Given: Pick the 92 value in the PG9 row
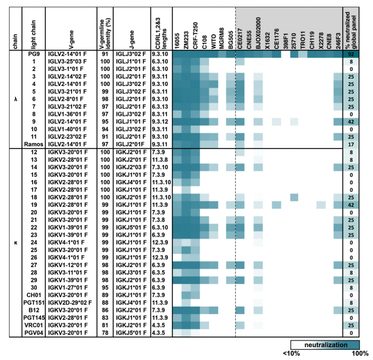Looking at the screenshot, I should pyautogui.click(x=351, y=54).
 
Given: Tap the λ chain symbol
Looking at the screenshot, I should pyautogui.click(x=11, y=99).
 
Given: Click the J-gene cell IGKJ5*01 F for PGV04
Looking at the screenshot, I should pyautogui.click(x=131, y=333).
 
